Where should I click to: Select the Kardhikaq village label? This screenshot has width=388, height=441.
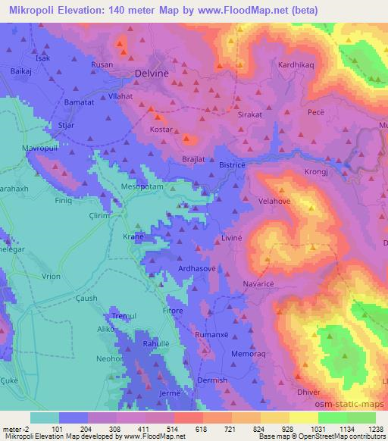click(x=297, y=65)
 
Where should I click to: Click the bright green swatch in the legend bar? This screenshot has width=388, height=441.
click(x=333, y=418)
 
